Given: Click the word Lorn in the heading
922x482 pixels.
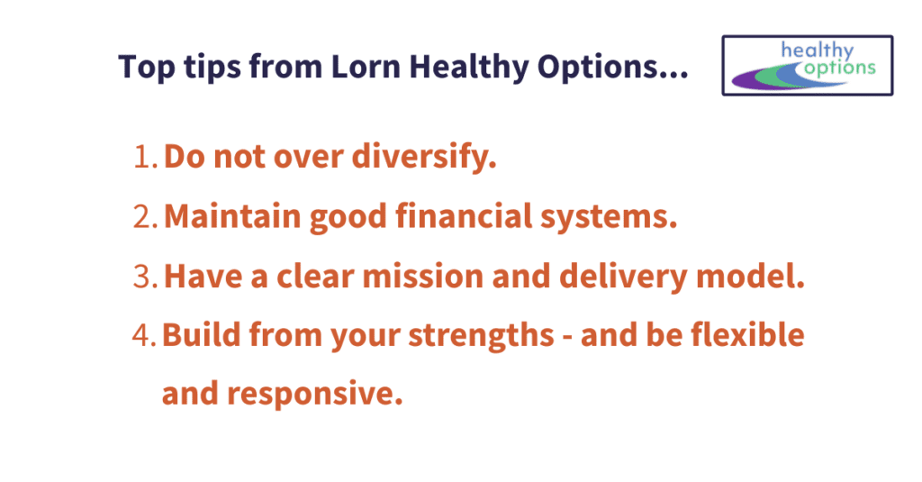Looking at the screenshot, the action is tap(366, 66).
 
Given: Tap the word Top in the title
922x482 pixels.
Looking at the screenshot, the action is tap(147, 67).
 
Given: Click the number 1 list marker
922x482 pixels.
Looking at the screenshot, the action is tap(145, 157).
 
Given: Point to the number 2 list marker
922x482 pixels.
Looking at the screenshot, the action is tap(145, 216).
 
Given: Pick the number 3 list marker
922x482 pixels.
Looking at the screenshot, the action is tap(145, 276).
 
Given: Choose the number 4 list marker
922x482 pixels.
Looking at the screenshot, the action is tap(144, 335).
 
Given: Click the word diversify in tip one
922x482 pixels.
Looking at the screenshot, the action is tap(424, 157).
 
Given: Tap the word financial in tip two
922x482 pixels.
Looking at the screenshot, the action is tap(464, 215).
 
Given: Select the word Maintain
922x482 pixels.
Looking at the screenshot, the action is tap(232, 216).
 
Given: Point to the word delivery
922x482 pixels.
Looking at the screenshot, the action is tap(623, 277).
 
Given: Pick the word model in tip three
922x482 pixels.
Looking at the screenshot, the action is tap(750, 276).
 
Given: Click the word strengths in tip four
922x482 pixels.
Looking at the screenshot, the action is tap(481, 335).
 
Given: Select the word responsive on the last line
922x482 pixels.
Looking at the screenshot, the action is tap(314, 393).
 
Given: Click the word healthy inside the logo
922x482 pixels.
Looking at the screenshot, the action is tap(817, 50).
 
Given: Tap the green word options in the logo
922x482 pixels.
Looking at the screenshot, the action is tap(840, 68).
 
